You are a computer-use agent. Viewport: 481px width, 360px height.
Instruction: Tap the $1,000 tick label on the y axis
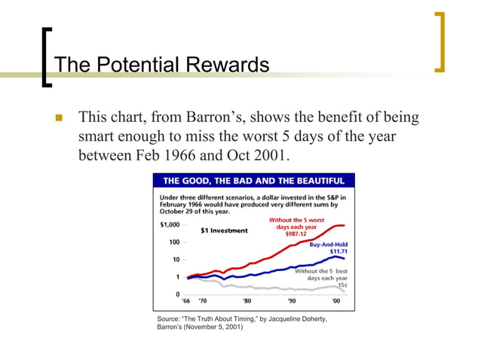point(169,225)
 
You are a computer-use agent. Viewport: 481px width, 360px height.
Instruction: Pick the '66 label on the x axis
point(186,301)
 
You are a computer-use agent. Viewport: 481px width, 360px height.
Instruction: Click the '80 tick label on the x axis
point(249,301)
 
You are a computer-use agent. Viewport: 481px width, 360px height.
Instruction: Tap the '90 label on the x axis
point(293,301)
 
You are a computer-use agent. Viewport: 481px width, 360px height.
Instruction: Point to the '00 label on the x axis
point(335,301)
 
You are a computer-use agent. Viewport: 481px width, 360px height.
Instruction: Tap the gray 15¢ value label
point(342,285)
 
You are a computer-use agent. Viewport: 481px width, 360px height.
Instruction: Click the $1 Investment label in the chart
point(224,230)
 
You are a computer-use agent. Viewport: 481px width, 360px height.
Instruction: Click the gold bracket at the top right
point(440,42)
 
